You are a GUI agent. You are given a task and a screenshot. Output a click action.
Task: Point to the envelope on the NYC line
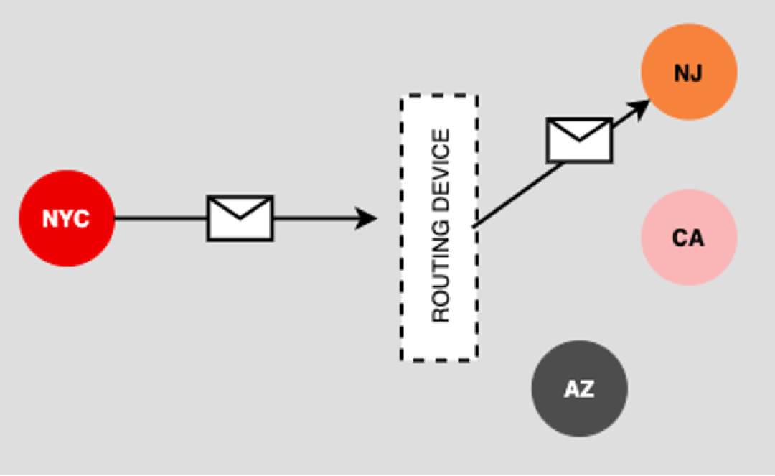click(x=240, y=218)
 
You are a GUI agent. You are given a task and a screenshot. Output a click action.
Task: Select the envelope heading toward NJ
click(x=580, y=140)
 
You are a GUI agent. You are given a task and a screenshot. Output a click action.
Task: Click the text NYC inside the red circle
click(x=66, y=218)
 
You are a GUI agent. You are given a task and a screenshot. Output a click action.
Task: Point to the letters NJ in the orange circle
click(x=688, y=73)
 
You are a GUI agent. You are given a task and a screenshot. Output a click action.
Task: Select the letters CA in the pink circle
click(x=688, y=238)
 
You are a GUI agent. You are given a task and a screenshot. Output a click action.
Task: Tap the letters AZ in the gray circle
click(x=579, y=389)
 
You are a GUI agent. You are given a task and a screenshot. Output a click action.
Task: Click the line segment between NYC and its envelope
click(x=161, y=218)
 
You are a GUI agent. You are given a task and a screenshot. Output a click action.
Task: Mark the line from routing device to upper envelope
click(x=517, y=195)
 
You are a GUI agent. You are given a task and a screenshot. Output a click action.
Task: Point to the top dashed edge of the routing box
click(x=439, y=96)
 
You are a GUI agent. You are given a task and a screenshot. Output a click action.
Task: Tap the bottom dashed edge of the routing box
click(x=439, y=358)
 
